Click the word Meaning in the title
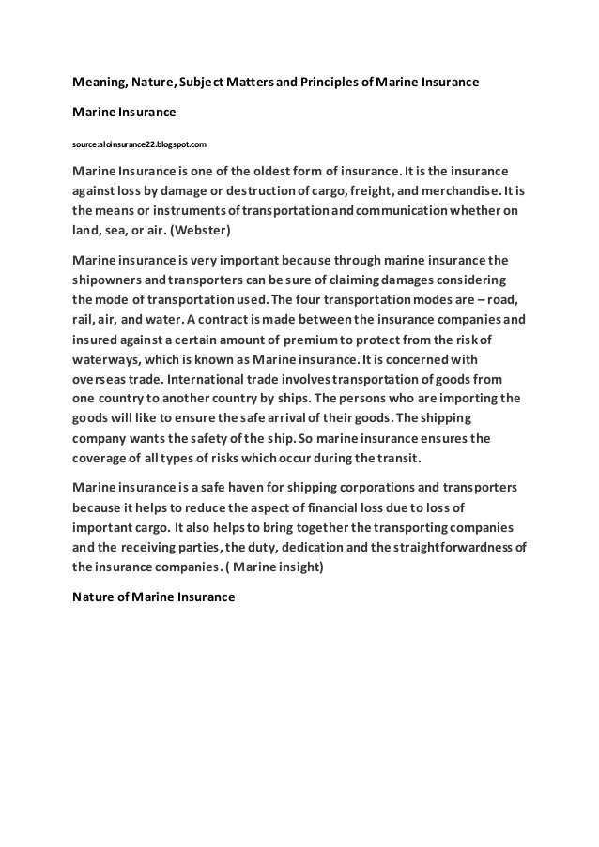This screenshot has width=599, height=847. click(x=100, y=82)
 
